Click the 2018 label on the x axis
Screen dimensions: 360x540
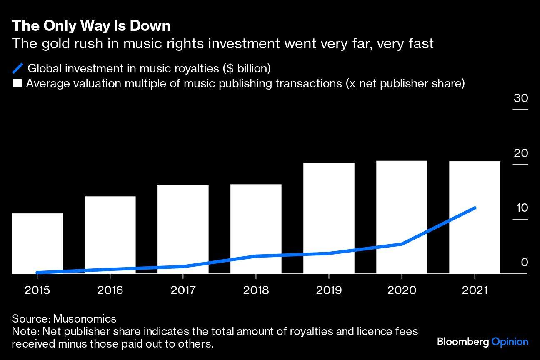(256, 290)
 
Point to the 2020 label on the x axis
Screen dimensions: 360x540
(402, 290)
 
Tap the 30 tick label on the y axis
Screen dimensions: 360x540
(521, 98)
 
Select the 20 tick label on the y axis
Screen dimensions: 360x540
(521, 153)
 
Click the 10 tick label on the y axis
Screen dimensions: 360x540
(522, 208)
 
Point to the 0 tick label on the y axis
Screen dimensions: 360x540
(524, 262)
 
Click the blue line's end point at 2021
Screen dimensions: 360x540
(475, 207)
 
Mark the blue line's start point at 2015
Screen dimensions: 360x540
(37, 272)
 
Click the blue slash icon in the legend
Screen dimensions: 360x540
(18, 68)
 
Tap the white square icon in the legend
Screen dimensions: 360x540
(17, 84)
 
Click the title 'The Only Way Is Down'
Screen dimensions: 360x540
(91, 26)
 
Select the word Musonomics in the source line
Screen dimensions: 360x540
(85, 319)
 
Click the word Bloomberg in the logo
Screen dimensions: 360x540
(463, 342)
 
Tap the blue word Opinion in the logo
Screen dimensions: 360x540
(510, 342)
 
